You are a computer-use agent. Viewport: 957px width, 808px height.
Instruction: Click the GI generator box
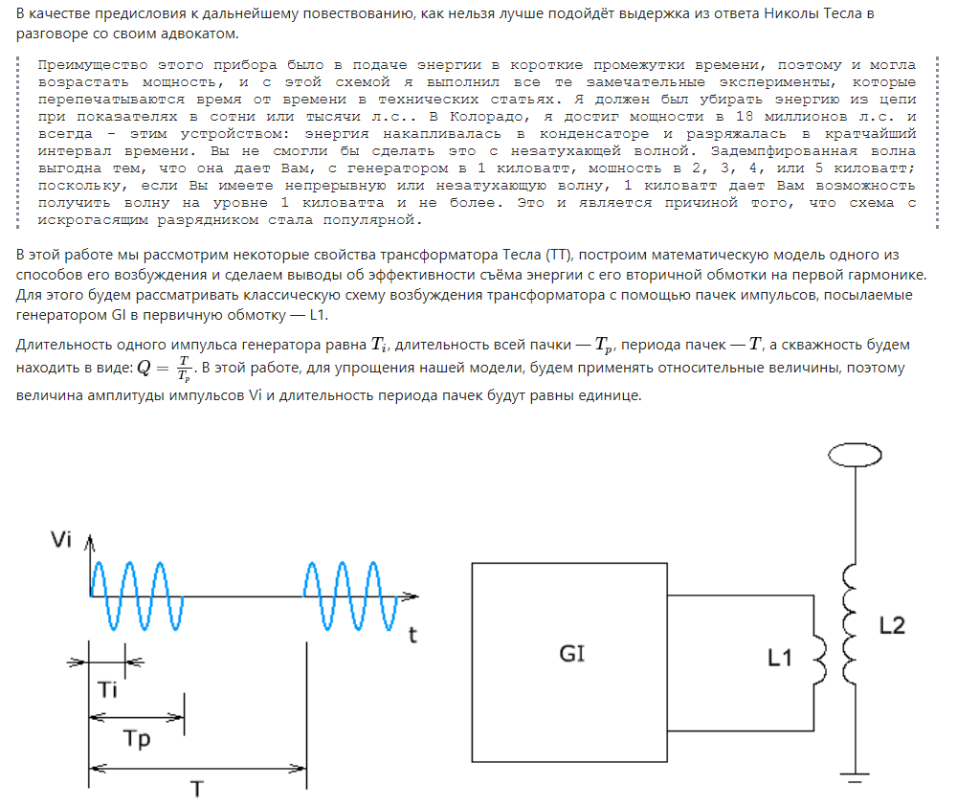(569, 655)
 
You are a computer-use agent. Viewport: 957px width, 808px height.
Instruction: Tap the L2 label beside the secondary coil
(891, 625)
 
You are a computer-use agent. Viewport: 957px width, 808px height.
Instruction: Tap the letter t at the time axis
(412, 635)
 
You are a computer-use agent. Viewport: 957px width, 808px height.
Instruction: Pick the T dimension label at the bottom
(196, 789)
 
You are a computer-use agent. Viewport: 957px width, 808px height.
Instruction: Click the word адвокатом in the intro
(202, 34)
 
